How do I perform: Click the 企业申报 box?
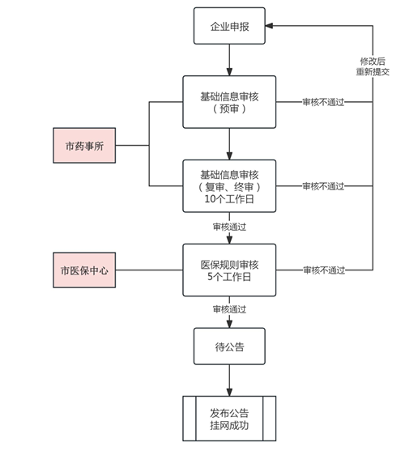(229, 26)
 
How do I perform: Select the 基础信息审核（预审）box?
(229, 102)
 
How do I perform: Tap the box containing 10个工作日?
(229, 185)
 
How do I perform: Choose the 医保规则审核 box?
(229, 270)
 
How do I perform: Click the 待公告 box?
(229, 347)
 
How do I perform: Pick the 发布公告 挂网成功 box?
(229, 418)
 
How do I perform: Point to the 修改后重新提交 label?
(373, 66)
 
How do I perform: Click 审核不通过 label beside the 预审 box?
(323, 103)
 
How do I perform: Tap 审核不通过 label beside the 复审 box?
(323, 186)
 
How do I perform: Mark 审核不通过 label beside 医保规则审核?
(323, 270)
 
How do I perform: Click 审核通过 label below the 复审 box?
(229, 226)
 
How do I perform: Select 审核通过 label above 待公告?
(229, 308)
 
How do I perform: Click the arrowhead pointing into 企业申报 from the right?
(271, 26)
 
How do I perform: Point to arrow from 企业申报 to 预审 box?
(229, 60)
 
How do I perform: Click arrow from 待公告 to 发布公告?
(229, 381)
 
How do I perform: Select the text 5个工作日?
(229, 277)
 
